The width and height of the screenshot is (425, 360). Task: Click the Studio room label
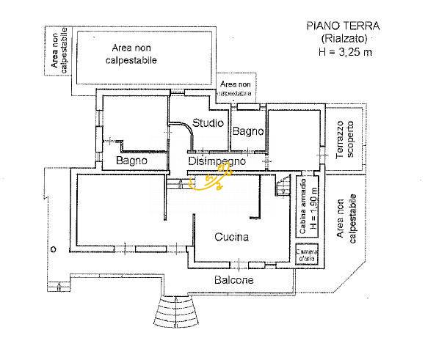pyautogui.click(x=208, y=122)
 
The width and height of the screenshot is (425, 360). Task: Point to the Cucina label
pyautogui.click(x=231, y=237)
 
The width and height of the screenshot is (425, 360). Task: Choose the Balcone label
pyautogui.click(x=234, y=280)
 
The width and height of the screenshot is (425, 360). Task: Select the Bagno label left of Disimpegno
pyautogui.click(x=132, y=160)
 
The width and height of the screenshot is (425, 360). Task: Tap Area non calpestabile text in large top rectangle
pyautogui.click(x=134, y=54)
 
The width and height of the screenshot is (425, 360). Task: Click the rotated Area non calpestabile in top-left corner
pyautogui.click(x=58, y=51)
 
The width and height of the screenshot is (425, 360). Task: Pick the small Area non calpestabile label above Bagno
pyautogui.click(x=236, y=89)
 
